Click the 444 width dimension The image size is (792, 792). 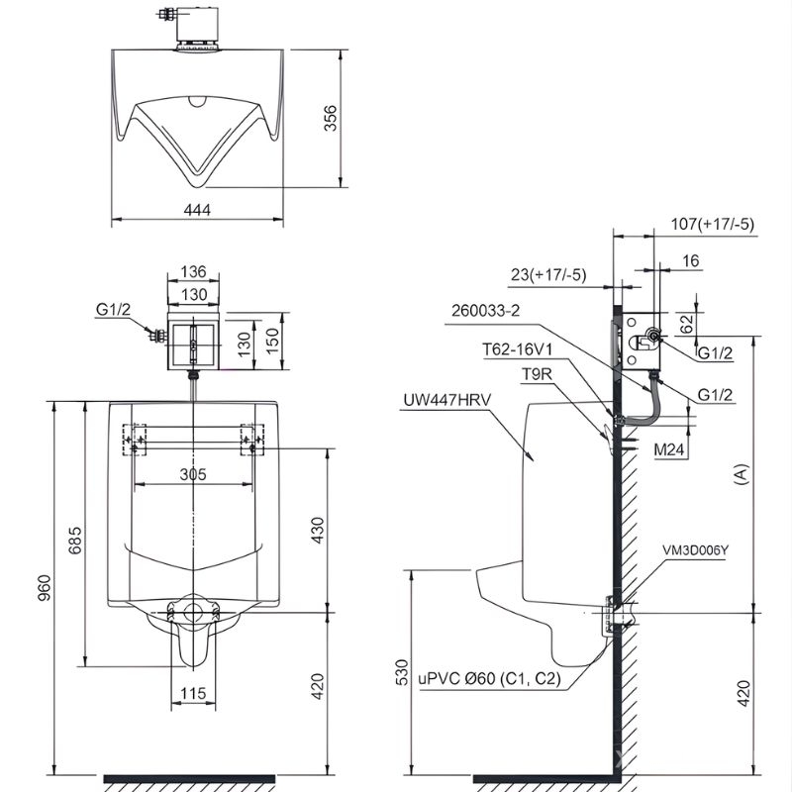197,209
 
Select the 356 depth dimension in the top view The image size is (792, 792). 330,118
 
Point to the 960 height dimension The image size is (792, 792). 45,587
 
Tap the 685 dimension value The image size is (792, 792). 75,540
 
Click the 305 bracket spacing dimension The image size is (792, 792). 193,474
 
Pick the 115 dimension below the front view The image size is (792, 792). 193,693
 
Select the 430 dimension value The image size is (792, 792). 317,530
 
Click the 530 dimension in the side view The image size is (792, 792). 402,672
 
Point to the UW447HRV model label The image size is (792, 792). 447,400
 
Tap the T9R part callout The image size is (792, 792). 537,374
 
